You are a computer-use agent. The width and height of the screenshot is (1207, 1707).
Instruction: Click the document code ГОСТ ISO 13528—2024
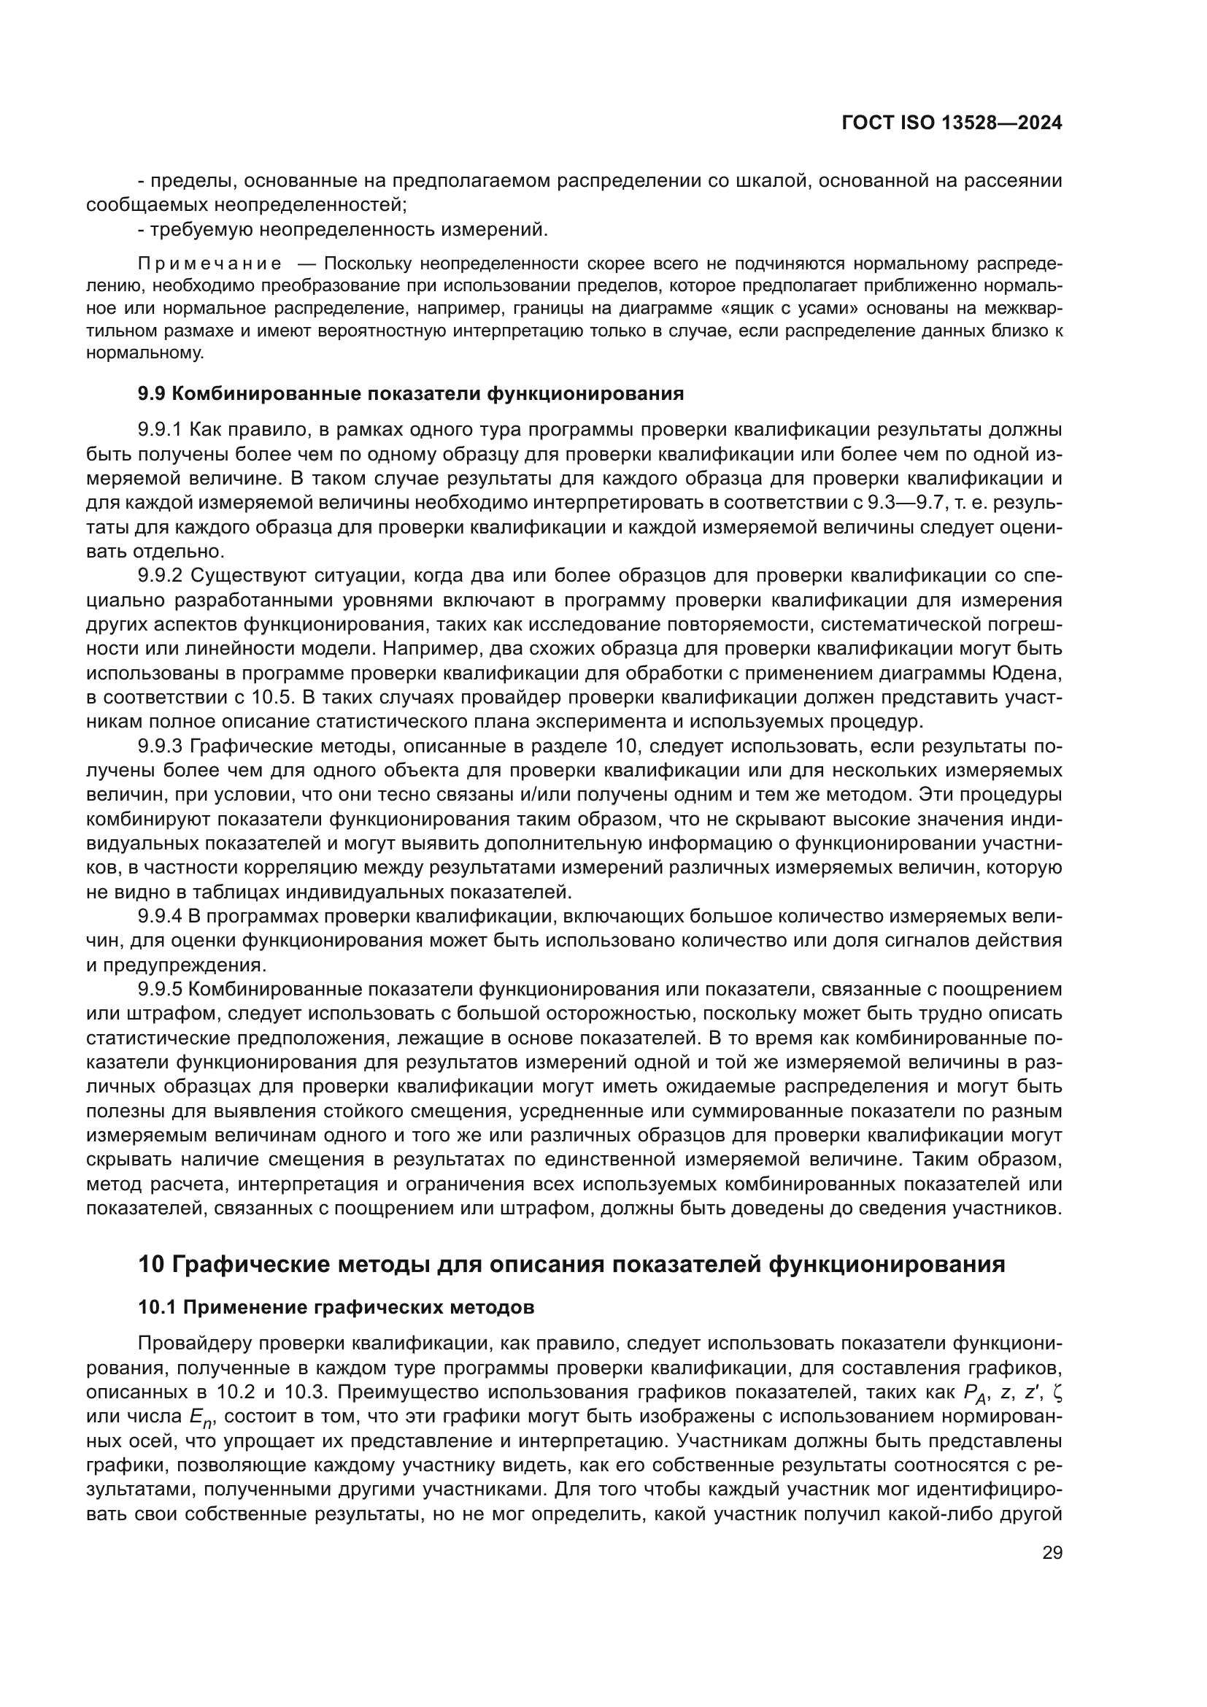[x=952, y=123]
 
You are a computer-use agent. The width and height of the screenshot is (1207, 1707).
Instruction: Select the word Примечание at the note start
[x=209, y=264]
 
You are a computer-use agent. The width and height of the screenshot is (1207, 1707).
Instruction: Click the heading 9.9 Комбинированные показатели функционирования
[x=410, y=394]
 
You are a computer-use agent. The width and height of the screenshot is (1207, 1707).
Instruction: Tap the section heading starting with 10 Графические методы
[x=571, y=1264]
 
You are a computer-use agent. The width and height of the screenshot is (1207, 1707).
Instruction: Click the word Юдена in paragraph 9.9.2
[x=1028, y=674]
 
